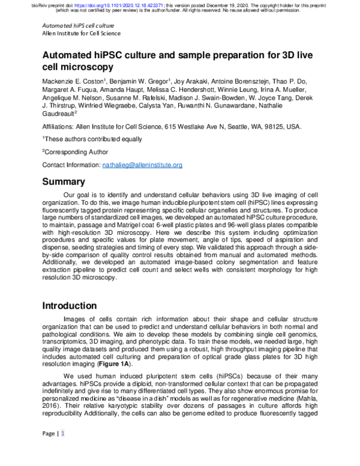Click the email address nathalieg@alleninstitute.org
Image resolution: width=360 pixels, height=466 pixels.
142,165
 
